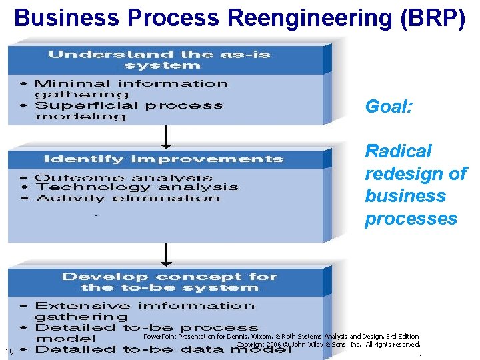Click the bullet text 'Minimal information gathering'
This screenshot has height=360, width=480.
click(x=131, y=89)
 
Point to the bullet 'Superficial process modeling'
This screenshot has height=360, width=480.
click(x=129, y=111)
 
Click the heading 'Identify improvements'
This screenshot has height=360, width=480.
click(x=163, y=159)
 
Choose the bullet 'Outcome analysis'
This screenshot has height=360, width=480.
click(x=123, y=178)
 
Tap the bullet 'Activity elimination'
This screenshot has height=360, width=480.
click(x=127, y=198)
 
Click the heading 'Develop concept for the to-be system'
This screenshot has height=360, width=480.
click(x=169, y=282)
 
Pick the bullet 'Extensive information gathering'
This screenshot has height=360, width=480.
click(x=144, y=311)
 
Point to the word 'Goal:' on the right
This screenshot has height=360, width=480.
click(x=389, y=107)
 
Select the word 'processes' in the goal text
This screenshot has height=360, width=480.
click(x=411, y=219)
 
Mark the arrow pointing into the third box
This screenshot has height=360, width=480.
click(x=166, y=255)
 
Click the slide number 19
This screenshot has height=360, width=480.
click(x=9, y=352)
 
